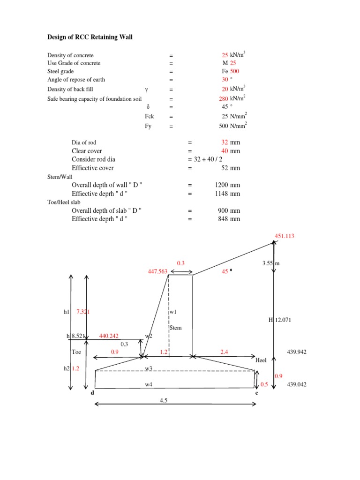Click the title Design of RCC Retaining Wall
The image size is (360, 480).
coord(90,37)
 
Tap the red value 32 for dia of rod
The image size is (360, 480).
coord(225,142)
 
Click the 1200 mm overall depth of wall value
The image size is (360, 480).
coord(227,185)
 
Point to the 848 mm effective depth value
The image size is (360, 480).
coord(227,218)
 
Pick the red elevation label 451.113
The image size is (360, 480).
coord(284,236)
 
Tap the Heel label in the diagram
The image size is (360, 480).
coord(261,360)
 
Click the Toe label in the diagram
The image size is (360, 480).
coord(76,351)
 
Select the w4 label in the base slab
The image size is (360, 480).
coord(149,384)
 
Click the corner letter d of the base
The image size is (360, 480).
coord(92,393)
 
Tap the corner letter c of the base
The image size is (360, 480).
coord(256,393)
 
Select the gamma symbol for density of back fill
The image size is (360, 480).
coord(147,89)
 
